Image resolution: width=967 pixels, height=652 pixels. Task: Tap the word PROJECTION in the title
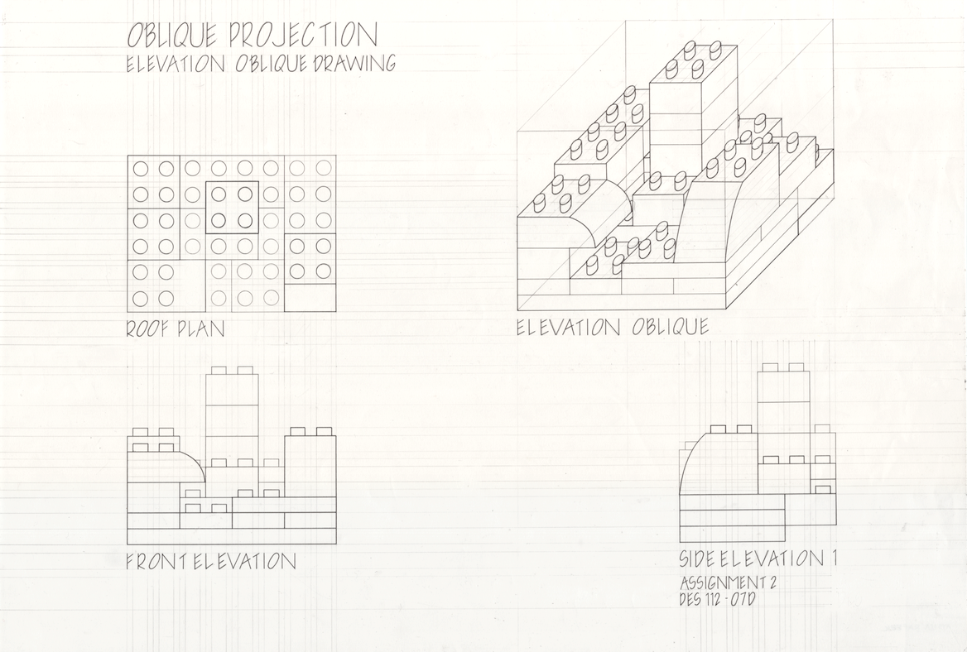[303, 35]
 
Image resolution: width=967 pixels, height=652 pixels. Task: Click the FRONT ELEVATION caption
[211, 562]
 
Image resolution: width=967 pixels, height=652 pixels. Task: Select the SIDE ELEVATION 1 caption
[758, 559]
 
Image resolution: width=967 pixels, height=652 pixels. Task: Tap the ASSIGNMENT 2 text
[727, 582]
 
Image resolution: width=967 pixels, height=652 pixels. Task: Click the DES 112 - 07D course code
[717, 598]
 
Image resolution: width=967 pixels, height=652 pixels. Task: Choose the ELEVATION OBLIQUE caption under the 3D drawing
[613, 327]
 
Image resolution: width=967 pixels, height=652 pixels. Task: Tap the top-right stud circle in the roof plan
[323, 167]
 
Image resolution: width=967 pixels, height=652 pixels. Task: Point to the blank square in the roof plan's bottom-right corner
[310, 298]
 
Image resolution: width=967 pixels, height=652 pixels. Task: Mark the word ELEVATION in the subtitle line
[176, 64]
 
